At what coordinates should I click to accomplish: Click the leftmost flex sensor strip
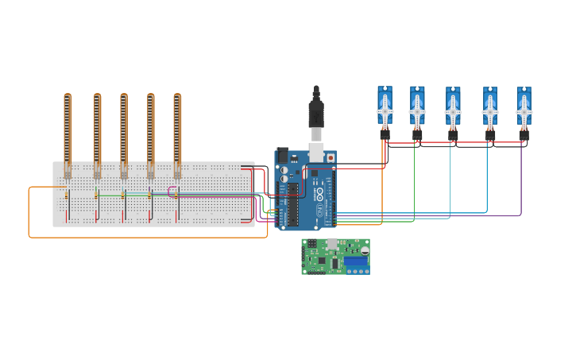68,131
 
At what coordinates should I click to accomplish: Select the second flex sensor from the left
97,131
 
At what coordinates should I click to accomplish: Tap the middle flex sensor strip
124,131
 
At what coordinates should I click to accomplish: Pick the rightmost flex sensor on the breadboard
177,131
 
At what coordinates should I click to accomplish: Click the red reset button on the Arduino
331,158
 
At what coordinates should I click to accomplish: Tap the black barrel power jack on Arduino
281,157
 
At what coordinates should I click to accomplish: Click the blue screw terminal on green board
355,261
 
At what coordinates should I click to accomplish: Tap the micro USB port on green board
332,242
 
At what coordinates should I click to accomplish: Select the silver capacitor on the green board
365,250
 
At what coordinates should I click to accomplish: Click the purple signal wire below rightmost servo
521,183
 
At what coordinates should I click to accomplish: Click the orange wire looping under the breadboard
143,237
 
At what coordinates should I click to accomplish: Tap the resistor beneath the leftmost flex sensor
68,195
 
